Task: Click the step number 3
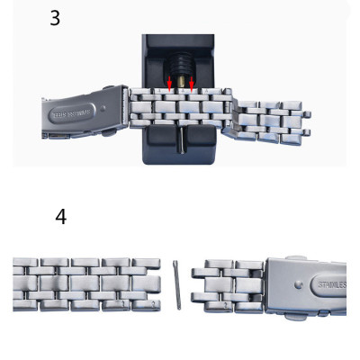pyautogui.click(x=55, y=17)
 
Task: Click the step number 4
pyautogui.click(x=60, y=217)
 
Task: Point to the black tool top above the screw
pyautogui.click(x=178, y=45)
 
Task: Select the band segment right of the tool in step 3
pyautogui.click(x=265, y=120)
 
